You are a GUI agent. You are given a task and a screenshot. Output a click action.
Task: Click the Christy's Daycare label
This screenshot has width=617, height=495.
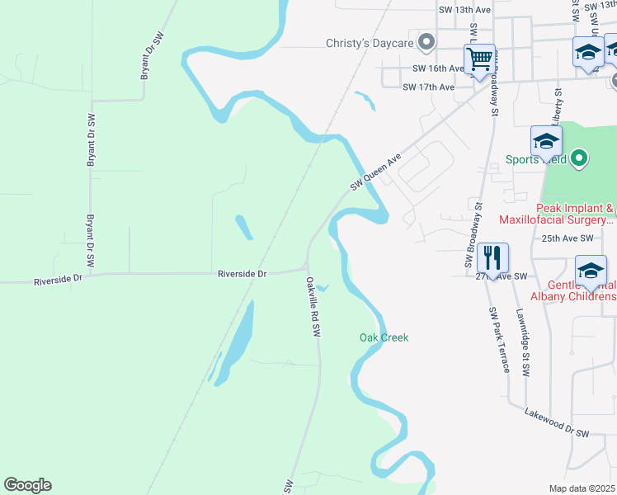coord(363,42)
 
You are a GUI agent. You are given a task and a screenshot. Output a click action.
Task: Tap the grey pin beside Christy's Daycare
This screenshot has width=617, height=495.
coord(426,41)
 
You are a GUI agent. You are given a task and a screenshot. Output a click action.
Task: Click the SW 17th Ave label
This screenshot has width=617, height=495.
coord(428,87)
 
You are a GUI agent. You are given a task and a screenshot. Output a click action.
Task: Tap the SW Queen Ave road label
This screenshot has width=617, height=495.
coord(375,171)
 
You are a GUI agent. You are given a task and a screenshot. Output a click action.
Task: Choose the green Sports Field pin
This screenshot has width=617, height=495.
coord(579,158)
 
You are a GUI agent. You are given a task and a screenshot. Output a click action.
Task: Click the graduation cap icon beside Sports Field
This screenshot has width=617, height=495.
coord(546,142)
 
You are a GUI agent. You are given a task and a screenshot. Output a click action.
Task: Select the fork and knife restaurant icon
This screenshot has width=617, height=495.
coord(492,258)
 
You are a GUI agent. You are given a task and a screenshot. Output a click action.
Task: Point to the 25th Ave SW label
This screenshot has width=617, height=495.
coord(568,238)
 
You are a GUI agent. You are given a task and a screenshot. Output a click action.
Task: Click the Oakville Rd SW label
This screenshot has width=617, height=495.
coord(313,305)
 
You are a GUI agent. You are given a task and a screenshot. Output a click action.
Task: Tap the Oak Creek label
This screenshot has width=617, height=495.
coord(384,337)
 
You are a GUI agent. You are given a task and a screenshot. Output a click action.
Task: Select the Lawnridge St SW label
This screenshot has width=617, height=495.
coord(523,343)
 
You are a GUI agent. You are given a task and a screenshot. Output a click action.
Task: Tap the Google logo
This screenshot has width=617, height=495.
coord(28,485)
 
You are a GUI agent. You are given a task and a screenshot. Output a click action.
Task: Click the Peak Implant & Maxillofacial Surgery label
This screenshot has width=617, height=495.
coord(556,214)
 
